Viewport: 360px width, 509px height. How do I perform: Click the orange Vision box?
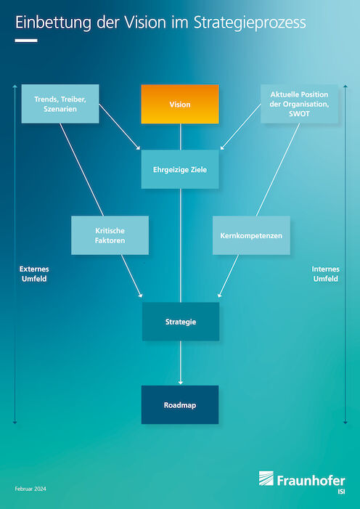[180, 105]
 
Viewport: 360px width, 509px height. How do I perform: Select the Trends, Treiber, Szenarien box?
[60, 104]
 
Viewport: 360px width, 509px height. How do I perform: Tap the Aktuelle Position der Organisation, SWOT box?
[299, 104]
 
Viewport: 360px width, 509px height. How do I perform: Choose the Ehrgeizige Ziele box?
[180, 169]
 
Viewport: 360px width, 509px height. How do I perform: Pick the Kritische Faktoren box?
[110, 235]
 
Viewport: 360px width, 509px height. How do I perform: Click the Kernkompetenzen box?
[251, 235]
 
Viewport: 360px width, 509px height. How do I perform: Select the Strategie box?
[181, 322]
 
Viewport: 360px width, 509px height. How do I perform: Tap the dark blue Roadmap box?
[180, 404]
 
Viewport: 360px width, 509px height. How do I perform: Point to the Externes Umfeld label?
[34, 274]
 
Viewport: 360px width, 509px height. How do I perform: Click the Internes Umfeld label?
[326, 274]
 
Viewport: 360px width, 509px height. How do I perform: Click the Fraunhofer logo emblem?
[266, 479]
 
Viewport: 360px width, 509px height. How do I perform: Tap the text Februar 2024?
[30, 489]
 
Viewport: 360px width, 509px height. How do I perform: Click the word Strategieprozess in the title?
[250, 23]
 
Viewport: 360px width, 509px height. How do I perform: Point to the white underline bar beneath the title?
[26, 41]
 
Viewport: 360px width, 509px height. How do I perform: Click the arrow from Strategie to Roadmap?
[181, 363]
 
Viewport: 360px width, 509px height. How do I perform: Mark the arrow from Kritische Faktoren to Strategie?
[132, 276]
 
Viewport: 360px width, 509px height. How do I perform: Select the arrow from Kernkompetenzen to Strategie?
[228, 276]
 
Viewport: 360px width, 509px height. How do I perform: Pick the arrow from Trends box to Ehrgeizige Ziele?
[120, 127]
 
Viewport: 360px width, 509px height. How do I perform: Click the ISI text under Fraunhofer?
[341, 492]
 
